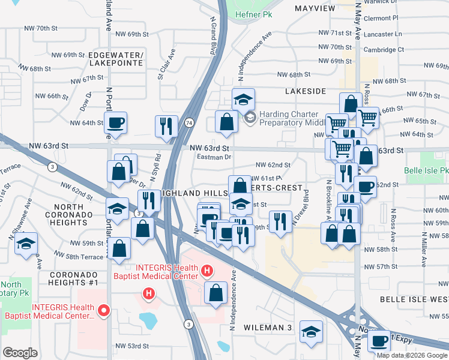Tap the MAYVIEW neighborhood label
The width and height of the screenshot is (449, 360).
(315, 8)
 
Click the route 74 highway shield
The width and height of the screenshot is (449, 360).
(189, 122)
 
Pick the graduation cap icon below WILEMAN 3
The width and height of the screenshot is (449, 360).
(311, 331)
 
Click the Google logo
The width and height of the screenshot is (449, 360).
(20, 353)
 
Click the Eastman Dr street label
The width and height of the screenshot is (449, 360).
(214, 157)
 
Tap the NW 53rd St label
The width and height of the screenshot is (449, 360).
(131, 346)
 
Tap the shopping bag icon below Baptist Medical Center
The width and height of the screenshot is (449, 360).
(215, 293)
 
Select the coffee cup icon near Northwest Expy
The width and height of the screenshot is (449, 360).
(379, 341)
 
